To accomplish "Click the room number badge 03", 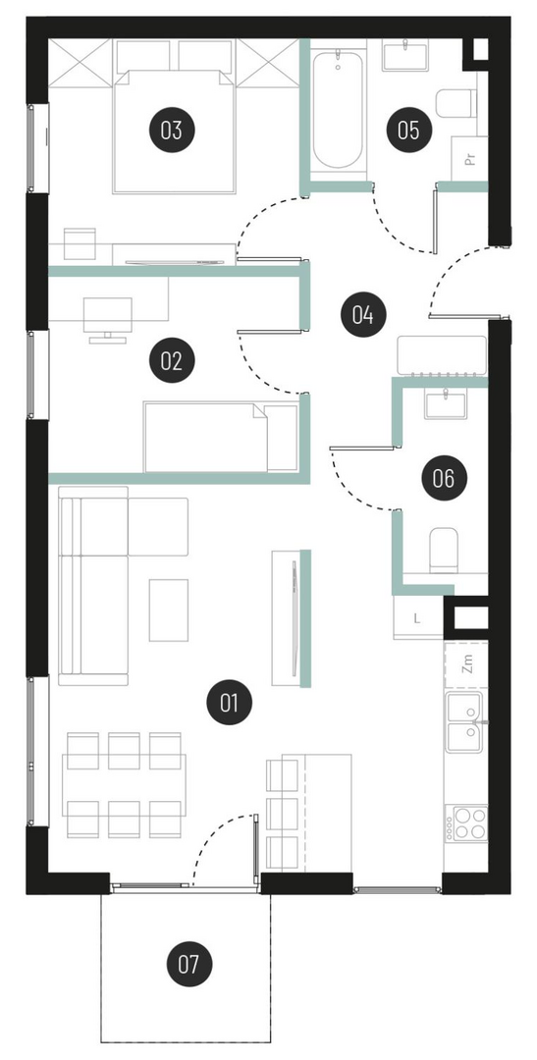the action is tap(172, 130).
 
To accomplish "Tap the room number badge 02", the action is tap(172, 360).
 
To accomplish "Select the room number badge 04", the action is tap(363, 314).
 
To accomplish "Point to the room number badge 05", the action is tap(408, 130).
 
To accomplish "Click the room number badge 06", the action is tap(444, 479).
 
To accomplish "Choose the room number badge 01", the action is tap(230, 703).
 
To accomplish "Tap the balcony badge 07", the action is tap(189, 964).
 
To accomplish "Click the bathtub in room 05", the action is tap(338, 110).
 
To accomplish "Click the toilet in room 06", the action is tap(444, 550).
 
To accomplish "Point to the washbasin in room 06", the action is tap(447, 403).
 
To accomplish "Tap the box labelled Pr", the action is tap(470, 159).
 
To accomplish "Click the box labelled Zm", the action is tap(466, 663).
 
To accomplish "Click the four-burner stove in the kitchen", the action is tap(469, 823).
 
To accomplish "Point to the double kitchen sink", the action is tap(464, 722).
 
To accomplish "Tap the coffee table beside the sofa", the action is tap(169, 609).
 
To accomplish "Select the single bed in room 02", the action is tap(221, 437).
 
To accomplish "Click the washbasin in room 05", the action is tap(405, 55).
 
